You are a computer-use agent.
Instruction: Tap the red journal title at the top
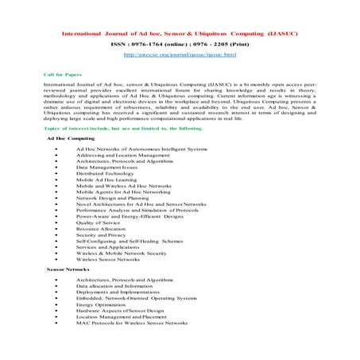click(180, 33)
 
